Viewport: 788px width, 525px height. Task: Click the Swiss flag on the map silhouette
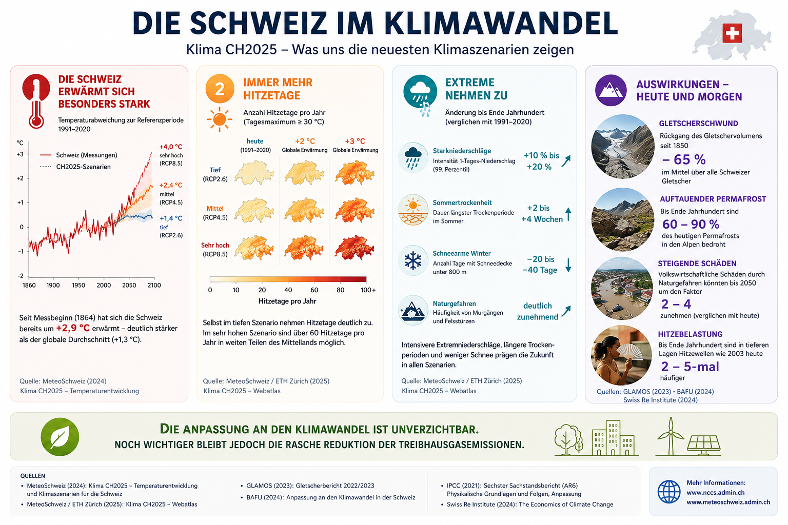tap(732, 33)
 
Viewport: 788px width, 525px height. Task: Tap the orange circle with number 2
tap(220, 89)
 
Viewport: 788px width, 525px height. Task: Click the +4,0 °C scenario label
tap(171, 147)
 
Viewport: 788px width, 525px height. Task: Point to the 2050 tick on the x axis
tap(129, 285)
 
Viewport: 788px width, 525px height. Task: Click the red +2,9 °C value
tap(73, 328)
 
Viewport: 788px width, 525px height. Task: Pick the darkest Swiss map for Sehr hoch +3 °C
tap(354, 247)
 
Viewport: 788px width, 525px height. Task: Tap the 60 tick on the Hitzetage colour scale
tap(314, 290)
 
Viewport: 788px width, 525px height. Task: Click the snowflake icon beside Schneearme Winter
tap(413, 260)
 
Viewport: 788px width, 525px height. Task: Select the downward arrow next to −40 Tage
tap(568, 265)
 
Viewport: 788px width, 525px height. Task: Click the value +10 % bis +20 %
tap(541, 161)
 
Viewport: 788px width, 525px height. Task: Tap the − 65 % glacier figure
tap(683, 159)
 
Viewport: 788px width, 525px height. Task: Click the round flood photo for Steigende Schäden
tap(622, 288)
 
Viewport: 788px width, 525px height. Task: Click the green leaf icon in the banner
tap(60, 437)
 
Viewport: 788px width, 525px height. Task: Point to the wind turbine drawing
tap(671, 436)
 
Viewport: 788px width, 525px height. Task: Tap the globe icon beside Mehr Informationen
tap(669, 492)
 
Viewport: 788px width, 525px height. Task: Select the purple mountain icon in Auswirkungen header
tap(610, 90)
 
